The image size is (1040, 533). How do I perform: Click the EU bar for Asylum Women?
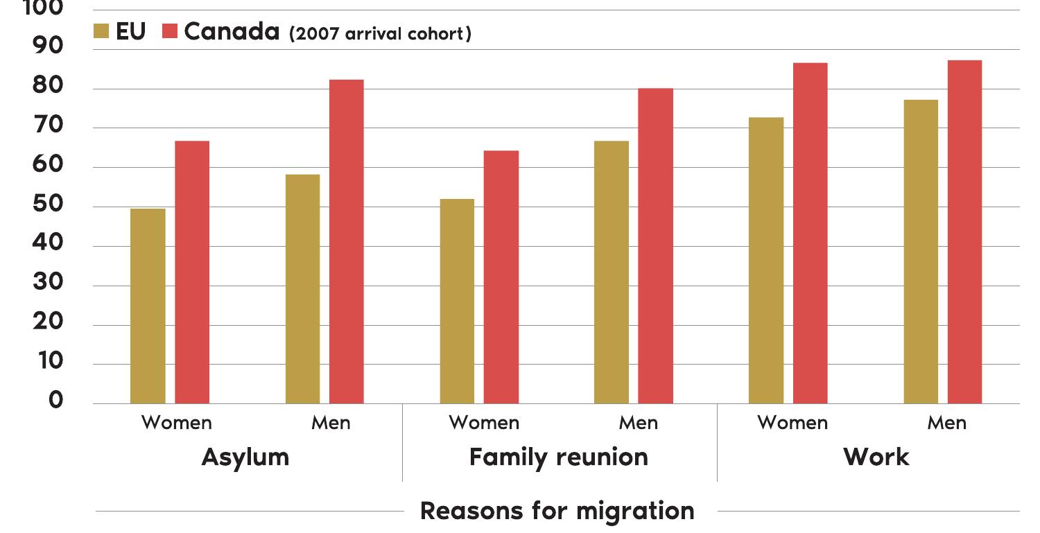(148, 306)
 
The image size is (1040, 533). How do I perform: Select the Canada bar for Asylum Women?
(192, 272)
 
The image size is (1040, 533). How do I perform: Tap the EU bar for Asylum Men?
(302, 288)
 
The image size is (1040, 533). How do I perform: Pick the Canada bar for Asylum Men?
(347, 241)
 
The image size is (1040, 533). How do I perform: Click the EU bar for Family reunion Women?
(457, 301)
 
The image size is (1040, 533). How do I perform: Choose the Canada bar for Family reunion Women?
(501, 277)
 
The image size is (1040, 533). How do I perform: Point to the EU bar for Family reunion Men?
(612, 272)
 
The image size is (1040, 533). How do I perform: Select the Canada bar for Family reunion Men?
(656, 245)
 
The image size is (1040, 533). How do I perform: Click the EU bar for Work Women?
(766, 260)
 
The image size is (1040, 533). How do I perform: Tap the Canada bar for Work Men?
(965, 231)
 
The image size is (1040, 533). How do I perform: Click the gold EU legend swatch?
(101, 31)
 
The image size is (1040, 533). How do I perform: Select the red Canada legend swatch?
(170, 31)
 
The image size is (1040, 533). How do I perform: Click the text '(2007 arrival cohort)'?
(380, 34)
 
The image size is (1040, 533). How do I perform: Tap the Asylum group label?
(245, 457)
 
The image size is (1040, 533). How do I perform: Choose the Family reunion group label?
(559, 457)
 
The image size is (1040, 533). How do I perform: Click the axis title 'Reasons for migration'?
(557, 511)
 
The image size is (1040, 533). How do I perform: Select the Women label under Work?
(792, 423)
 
